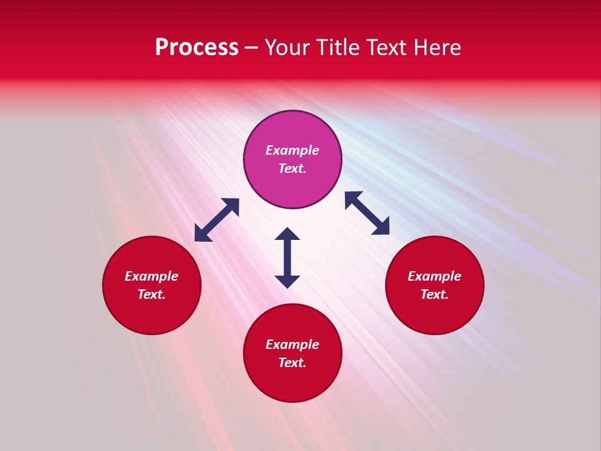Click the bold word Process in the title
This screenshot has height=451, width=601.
point(197,48)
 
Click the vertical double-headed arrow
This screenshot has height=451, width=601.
point(287,257)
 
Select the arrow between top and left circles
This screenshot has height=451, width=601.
point(217,220)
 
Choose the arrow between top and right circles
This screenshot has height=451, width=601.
point(367,213)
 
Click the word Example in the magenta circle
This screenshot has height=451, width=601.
point(292,150)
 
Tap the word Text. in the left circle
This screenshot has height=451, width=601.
point(152,294)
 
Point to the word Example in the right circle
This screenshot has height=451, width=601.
point(434,276)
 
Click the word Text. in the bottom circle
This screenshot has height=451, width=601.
point(292,363)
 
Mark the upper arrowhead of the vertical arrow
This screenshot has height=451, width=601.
point(287,234)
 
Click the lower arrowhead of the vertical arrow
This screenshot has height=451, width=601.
point(287,281)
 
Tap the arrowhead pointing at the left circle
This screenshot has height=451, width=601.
point(202,234)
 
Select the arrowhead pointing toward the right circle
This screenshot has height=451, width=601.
point(381,227)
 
